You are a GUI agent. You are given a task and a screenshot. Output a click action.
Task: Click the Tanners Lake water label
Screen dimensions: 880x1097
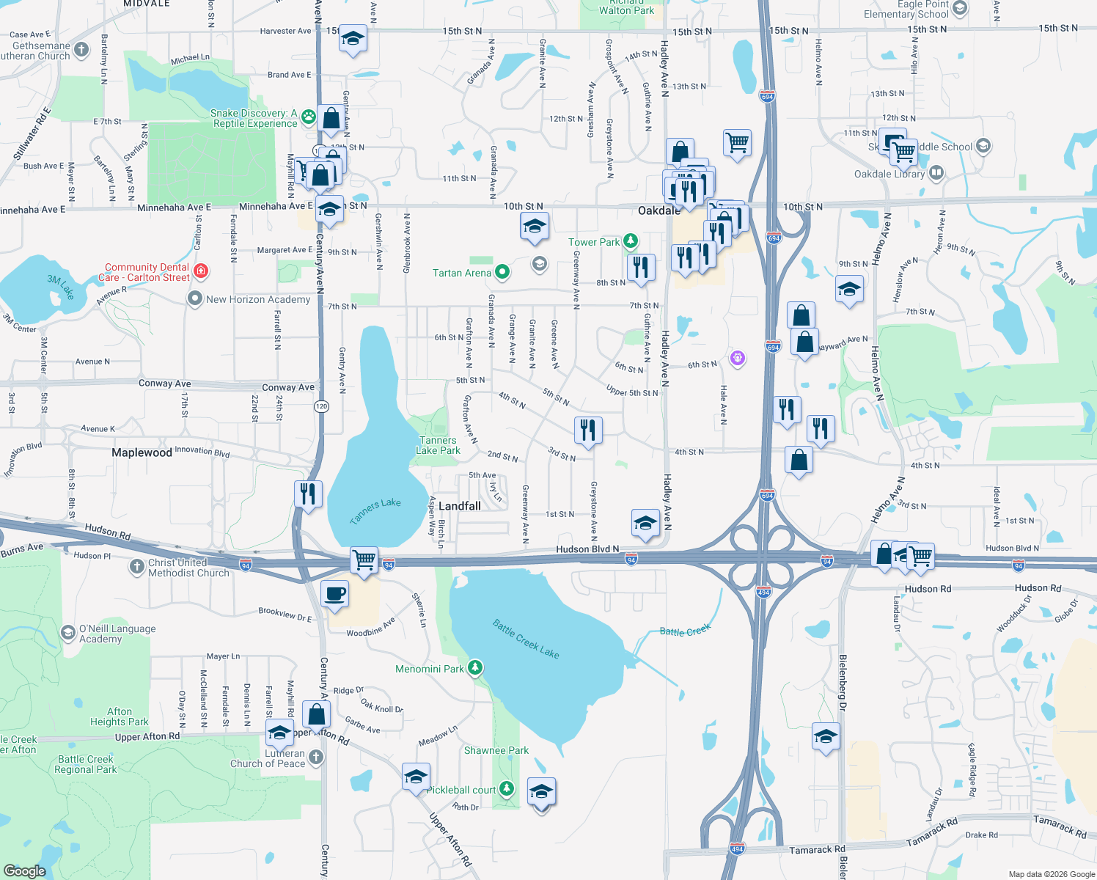pyautogui.click(x=375, y=510)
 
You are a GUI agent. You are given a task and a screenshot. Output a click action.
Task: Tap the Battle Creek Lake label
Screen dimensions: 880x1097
pyautogui.click(x=526, y=639)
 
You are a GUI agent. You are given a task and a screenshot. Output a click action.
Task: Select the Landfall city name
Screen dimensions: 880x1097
pyautogui.click(x=460, y=506)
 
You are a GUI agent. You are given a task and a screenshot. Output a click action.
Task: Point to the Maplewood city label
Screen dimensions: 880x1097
pyautogui.click(x=142, y=452)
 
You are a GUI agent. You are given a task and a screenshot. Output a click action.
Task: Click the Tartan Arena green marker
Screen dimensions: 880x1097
pyautogui.click(x=502, y=273)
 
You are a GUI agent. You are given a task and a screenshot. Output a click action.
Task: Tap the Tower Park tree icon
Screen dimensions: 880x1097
pyautogui.click(x=630, y=241)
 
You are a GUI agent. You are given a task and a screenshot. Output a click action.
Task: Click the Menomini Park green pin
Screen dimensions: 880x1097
pyautogui.click(x=476, y=668)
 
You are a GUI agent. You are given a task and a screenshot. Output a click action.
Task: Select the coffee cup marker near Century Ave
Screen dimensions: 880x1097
pyautogui.click(x=334, y=594)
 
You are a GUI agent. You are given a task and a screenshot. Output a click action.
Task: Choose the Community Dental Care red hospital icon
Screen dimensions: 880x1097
pyautogui.click(x=201, y=271)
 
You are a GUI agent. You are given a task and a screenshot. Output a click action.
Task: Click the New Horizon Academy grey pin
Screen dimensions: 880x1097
pyautogui.click(x=195, y=298)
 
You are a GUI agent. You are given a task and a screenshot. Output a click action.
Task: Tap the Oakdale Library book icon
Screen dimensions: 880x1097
pyautogui.click(x=936, y=173)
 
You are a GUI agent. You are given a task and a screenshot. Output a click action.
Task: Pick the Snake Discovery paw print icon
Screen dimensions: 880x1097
pyautogui.click(x=309, y=116)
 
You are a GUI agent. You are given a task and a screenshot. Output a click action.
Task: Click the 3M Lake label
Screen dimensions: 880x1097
pyautogui.click(x=61, y=287)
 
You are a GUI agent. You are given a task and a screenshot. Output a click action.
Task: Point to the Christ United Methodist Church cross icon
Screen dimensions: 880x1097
pyautogui.click(x=137, y=566)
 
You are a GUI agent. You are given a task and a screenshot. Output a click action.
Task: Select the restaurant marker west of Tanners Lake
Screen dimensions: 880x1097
pyautogui.click(x=308, y=494)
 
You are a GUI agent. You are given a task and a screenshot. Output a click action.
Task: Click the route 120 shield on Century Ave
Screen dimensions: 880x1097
pyautogui.click(x=321, y=406)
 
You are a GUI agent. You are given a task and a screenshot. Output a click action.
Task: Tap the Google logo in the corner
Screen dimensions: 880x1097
pyautogui.click(x=24, y=870)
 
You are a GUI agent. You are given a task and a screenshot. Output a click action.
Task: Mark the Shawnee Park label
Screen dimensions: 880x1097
pyautogui.click(x=496, y=750)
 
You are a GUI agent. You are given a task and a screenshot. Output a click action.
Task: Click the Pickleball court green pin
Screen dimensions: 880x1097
pyautogui.click(x=507, y=789)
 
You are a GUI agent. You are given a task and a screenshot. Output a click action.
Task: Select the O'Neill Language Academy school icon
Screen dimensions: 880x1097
pyautogui.click(x=68, y=632)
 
